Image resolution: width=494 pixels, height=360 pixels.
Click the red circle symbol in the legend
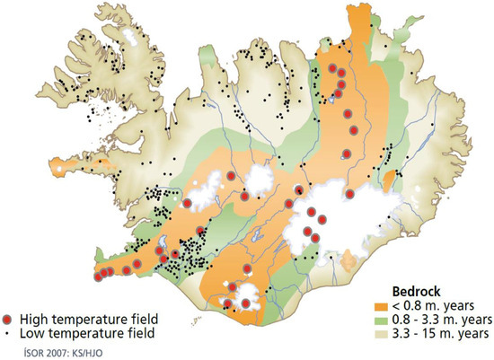9,319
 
